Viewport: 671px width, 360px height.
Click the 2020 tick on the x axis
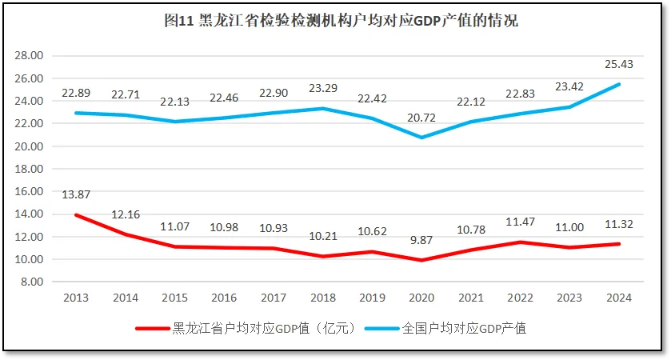click(x=421, y=298)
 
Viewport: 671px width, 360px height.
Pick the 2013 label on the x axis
click(x=77, y=298)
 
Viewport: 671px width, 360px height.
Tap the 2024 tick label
click(x=619, y=298)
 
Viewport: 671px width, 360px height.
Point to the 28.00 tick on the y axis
click(x=30, y=55)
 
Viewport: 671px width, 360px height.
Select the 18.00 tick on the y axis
click(x=30, y=169)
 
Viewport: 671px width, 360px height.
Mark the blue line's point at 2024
click(x=619, y=84)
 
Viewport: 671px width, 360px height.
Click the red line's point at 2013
click(x=77, y=215)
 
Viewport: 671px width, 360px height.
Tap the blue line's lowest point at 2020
click(x=421, y=138)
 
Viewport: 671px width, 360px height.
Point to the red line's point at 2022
click(x=521, y=242)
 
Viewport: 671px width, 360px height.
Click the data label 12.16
click(x=126, y=214)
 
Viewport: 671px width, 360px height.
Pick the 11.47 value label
click(x=521, y=222)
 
